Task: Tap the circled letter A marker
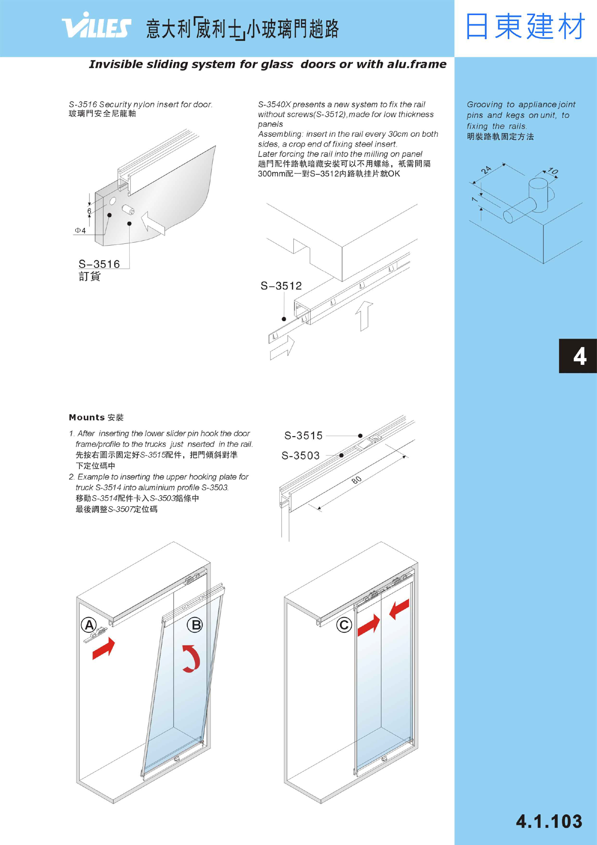[89, 625]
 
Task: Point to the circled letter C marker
[344, 625]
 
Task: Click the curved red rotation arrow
[192, 659]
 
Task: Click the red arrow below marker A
[104, 649]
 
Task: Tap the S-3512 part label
[281, 286]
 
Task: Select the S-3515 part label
[303, 436]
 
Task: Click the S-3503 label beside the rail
[301, 455]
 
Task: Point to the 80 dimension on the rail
[357, 480]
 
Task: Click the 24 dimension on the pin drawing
[486, 170]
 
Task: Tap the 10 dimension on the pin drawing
[553, 171]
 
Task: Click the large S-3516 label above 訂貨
[99, 264]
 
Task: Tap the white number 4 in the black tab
[580, 356]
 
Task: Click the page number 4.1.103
[549, 821]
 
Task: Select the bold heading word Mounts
[87, 417]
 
